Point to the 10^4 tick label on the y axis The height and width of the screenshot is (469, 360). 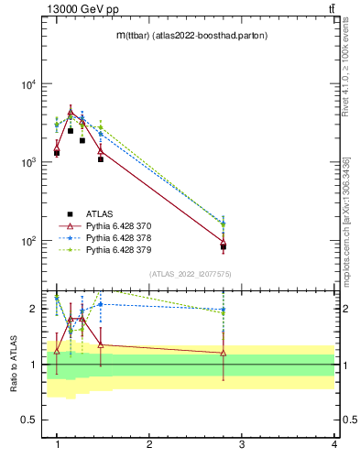tap(29, 84)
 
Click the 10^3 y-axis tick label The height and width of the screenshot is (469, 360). tap(29, 162)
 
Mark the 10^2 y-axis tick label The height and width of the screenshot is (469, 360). tap(29, 241)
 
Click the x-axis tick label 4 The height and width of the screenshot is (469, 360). tap(333, 444)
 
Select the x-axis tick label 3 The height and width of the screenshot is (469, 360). tap(241, 444)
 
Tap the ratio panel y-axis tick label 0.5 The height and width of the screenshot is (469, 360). tap(30, 420)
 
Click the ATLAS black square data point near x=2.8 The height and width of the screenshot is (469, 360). tap(224, 247)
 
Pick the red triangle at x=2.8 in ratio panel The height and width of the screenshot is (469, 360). tap(224, 353)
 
